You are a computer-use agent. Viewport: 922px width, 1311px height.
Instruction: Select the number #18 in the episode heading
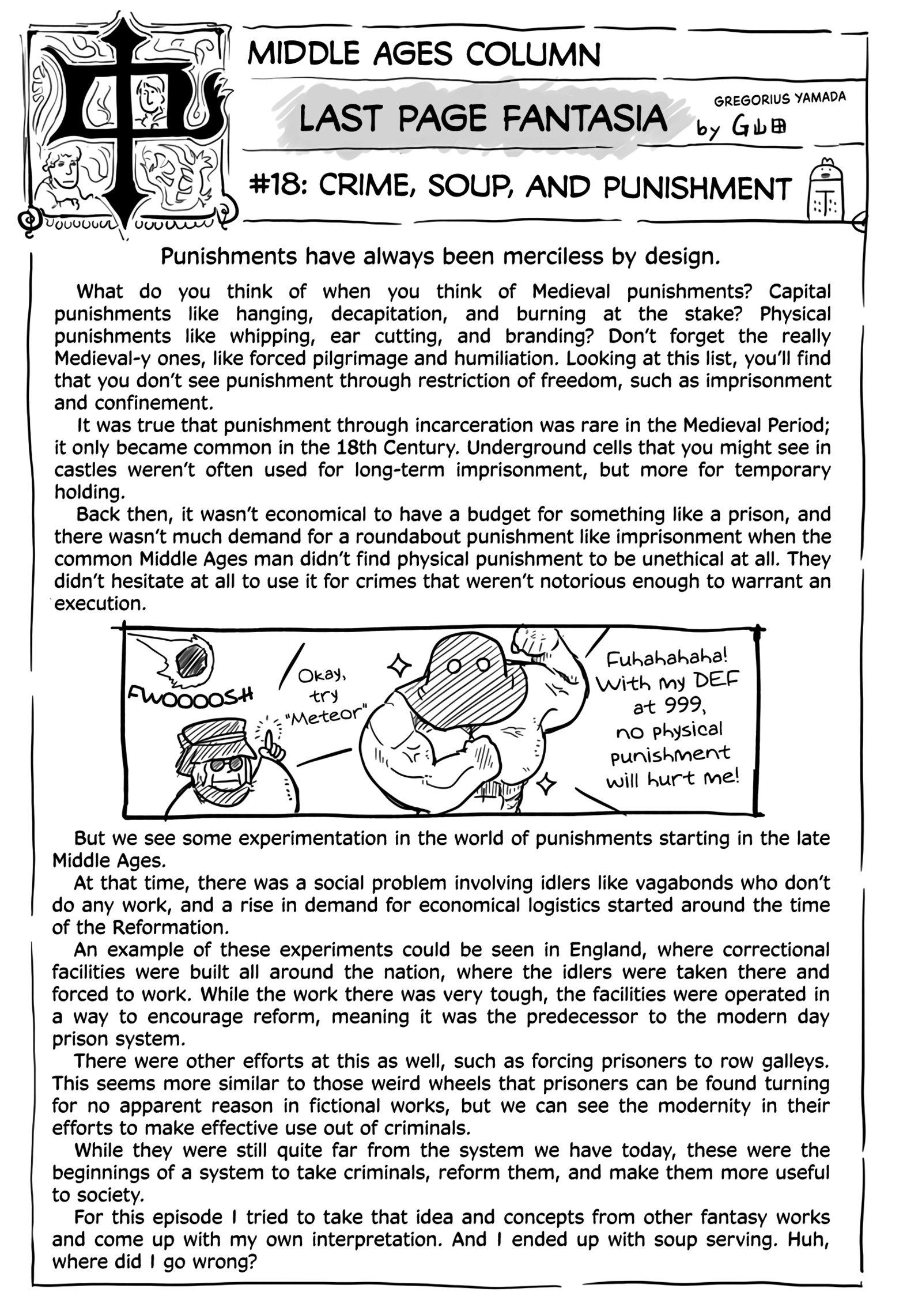click(278, 188)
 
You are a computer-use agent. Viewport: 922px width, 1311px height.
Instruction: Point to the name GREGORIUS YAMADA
click(780, 99)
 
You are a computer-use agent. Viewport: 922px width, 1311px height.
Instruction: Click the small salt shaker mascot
click(826, 192)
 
